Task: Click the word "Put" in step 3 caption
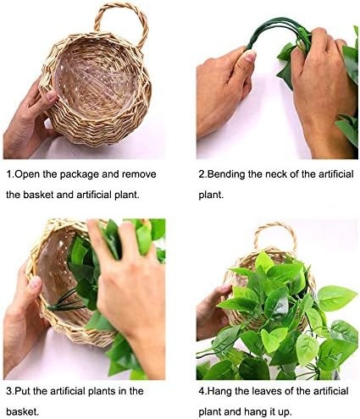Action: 23,391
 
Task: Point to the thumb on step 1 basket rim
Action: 48,96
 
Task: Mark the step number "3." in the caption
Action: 10,391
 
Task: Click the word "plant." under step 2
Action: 211,195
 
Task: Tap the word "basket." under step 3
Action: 22,412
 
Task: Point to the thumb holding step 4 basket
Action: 223,290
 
